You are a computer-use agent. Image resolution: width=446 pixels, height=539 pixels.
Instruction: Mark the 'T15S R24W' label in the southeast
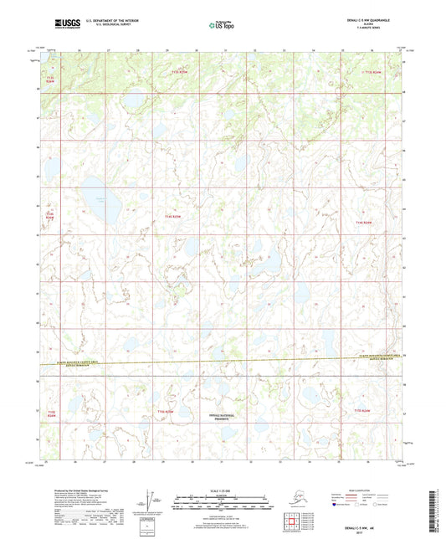361,411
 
